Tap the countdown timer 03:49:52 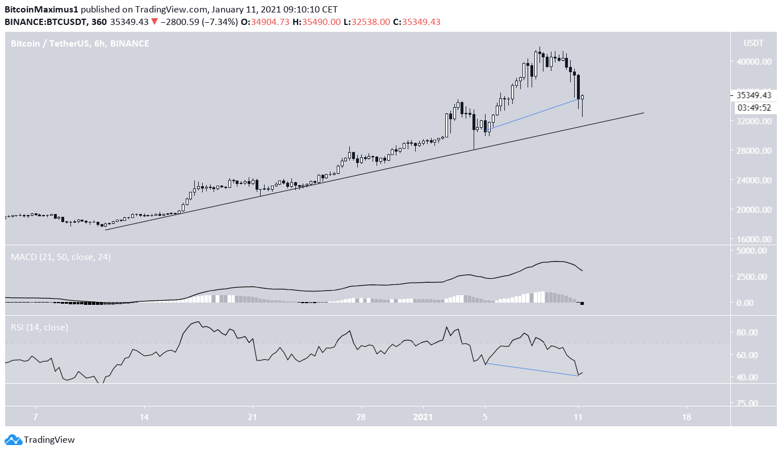coord(754,107)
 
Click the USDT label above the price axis coord(753,43)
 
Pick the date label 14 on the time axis coord(144,417)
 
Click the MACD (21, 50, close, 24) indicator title coord(61,257)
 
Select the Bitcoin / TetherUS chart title coord(80,43)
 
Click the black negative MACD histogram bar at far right coord(582,304)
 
